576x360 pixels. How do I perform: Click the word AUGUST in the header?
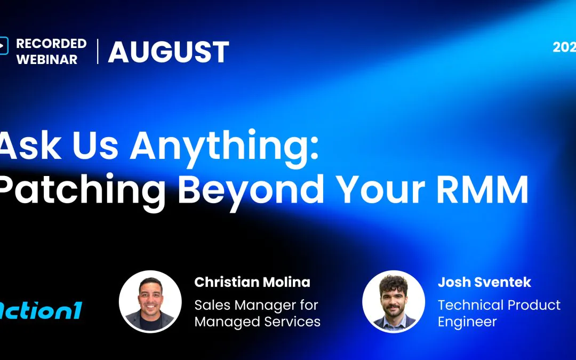point(169,52)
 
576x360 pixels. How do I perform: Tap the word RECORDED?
point(51,44)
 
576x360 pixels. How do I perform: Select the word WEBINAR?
point(47,60)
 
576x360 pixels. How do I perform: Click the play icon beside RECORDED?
point(4,46)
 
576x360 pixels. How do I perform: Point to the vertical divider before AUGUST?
point(98,51)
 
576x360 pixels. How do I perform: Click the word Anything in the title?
point(226,147)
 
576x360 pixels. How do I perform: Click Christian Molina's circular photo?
point(150,302)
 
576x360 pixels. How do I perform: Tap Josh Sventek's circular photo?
point(394,302)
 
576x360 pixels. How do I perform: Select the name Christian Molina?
point(252,282)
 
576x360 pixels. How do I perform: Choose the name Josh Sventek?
point(484,282)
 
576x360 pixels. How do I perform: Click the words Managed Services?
point(257,322)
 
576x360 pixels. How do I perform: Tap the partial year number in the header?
point(564,47)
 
